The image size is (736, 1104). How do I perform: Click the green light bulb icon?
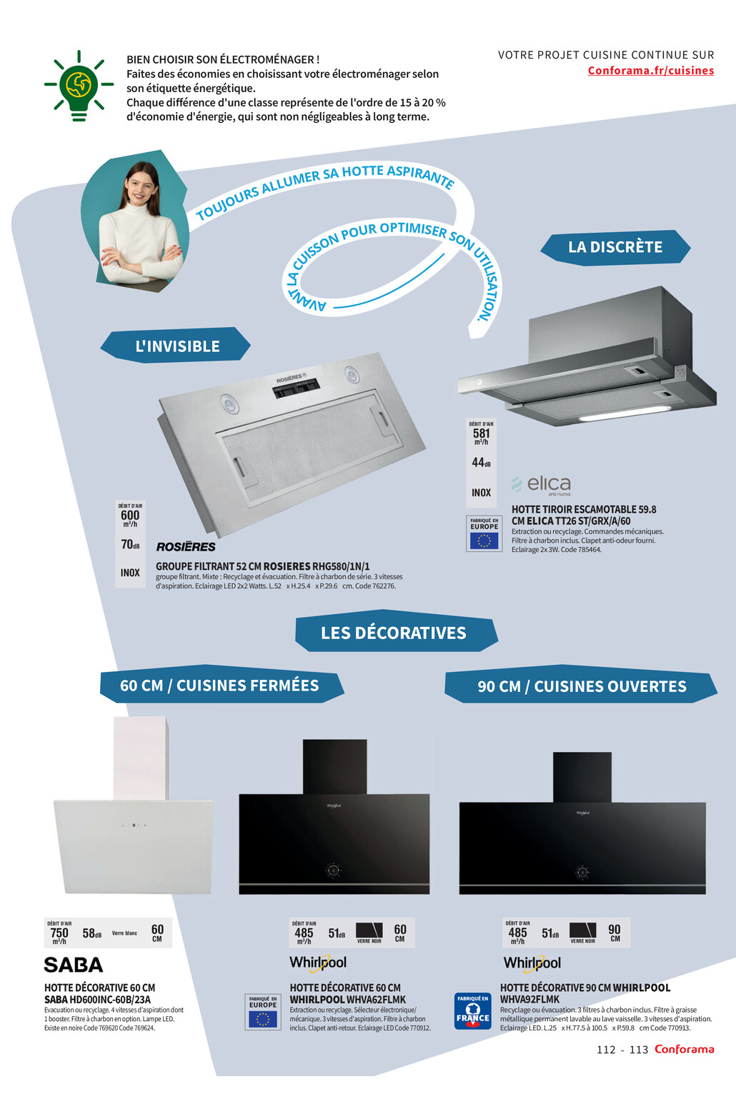tap(79, 85)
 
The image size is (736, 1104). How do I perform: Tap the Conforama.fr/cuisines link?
tap(650, 71)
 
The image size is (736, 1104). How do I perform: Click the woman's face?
tap(141, 185)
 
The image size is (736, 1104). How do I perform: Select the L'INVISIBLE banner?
tap(176, 346)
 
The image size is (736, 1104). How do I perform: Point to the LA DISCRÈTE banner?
tap(615, 247)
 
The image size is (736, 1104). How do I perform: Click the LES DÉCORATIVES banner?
tap(394, 633)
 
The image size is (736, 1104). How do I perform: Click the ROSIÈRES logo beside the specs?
tap(186, 547)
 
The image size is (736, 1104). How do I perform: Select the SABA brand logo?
tap(74, 965)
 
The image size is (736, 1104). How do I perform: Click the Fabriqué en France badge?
tap(473, 1011)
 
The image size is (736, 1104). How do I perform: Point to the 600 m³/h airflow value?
tap(130, 516)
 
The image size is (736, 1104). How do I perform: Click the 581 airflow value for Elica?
tap(482, 433)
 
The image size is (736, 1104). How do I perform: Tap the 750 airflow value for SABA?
tap(59, 933)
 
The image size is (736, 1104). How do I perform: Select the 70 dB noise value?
tap(129, 545)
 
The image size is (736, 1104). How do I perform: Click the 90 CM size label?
tap(615, 933)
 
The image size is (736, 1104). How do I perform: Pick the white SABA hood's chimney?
tap(140, 757)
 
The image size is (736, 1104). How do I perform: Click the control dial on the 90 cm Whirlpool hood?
tap(582, 872)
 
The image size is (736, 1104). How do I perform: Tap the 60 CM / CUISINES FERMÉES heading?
tap(219, 686)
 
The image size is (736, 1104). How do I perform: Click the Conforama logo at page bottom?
tap(684, 1049)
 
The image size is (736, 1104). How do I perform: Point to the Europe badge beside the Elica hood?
tap(484, 533)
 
